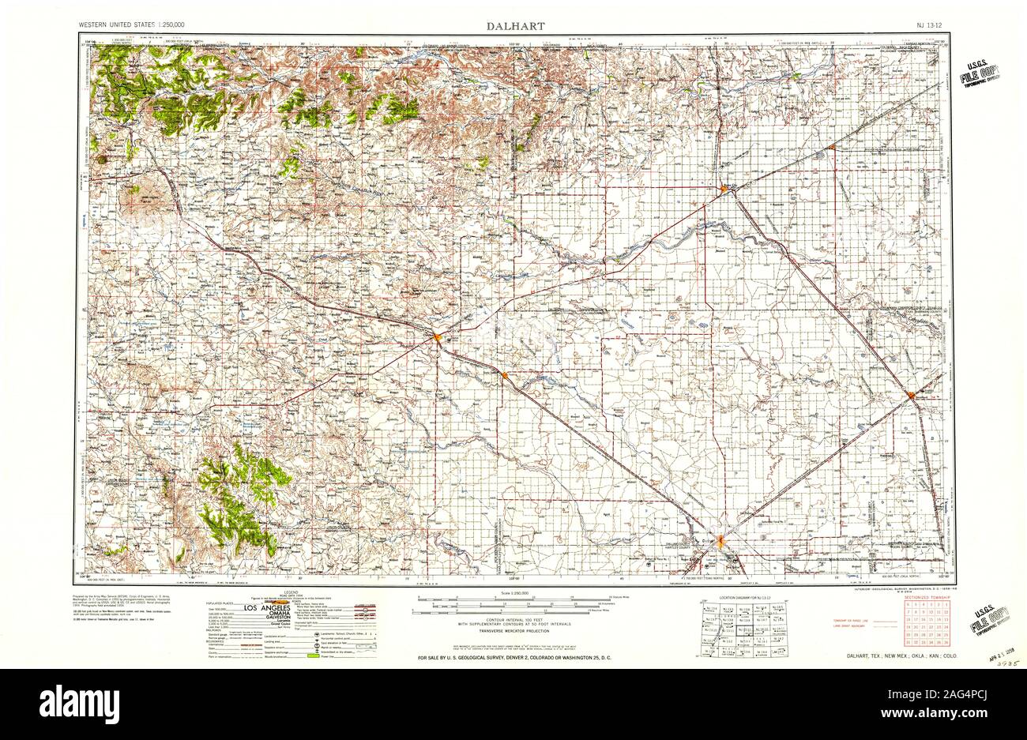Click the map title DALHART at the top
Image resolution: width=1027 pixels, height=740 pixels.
coord(513,25)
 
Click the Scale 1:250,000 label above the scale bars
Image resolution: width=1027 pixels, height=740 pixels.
coord(513,594)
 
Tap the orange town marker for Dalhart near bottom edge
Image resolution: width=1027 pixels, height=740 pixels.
coord(721,542)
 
